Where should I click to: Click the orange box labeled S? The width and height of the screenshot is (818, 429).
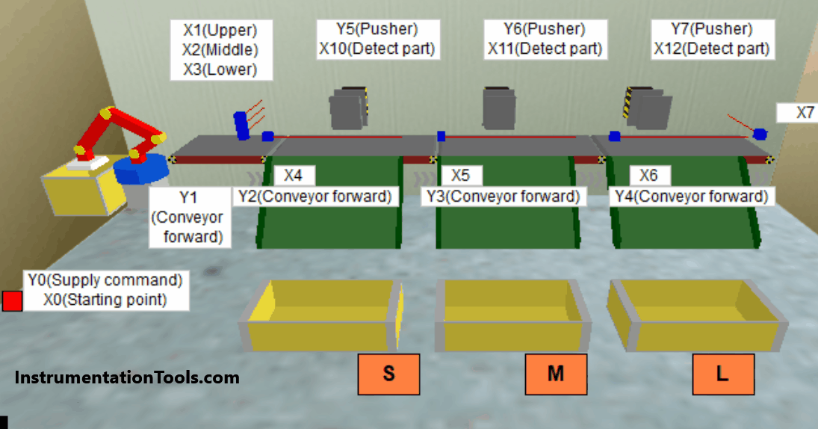pos(388,374)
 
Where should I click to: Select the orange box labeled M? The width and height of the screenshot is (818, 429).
pos(556,374)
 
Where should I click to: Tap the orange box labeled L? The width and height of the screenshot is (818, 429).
pos(722,374)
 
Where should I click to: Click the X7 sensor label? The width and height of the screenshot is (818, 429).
pos(797,113)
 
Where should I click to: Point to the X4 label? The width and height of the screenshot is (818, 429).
pos(294,176)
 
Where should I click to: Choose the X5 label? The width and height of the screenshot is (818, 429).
pos(461,176)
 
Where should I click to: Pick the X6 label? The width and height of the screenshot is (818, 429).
pos(649,176)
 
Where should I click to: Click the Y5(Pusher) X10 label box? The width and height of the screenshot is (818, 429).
pos(377,40)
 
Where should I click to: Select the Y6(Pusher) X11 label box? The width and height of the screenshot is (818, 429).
pos(545,40)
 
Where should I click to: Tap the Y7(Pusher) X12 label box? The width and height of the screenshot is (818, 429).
pos(711,40)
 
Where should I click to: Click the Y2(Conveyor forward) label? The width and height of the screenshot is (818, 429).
pos(315,197)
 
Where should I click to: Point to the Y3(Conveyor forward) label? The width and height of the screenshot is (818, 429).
pos(503,197)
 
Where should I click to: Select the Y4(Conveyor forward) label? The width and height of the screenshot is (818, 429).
pos(691,197)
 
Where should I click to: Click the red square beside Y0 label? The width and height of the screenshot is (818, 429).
pos(12,301)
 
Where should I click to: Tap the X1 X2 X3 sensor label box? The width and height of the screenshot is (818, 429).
pos(220,50)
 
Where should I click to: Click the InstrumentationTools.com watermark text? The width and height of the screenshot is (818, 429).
pos(127,377)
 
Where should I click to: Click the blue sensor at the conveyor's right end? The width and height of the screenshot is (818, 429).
pos(760,135)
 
